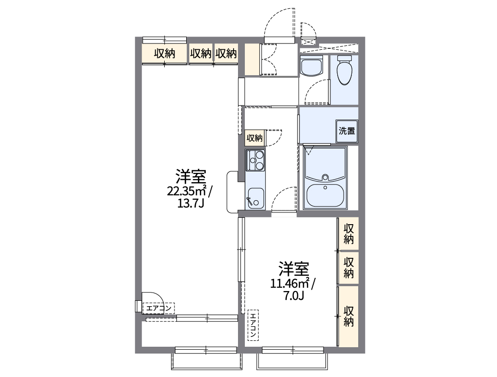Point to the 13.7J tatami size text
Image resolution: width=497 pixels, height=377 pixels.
click(x=190, y=203)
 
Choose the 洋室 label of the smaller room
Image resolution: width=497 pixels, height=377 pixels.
click(x=294, y=269)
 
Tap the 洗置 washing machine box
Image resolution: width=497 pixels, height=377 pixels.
click(x=346, y=131)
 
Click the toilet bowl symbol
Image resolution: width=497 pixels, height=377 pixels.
click(x=345, y=70)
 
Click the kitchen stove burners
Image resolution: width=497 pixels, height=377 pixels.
click(x=255, y=160)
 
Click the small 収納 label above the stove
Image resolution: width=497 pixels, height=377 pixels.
click(x=254, y=138)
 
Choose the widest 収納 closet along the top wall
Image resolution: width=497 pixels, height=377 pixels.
click(x=165, y=54)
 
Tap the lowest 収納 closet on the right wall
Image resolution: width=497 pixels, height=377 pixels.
click(x=348, y=316)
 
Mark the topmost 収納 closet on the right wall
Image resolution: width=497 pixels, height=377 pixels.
click(x=348, y=233)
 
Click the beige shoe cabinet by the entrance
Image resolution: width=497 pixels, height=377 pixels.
click(x=252, y=60)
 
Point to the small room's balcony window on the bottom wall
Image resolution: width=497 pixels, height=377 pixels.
click(x=292, y=350)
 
